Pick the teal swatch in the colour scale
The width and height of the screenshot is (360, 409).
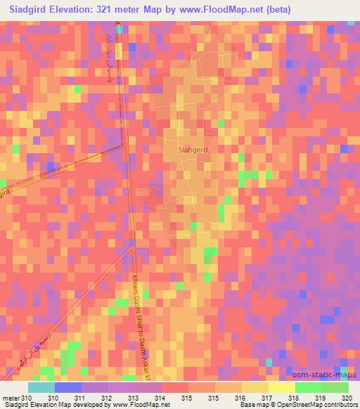(x=41, y=387)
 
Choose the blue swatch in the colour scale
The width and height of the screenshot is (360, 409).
(x=68, y=387)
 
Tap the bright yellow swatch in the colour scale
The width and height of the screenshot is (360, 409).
(x=281, y=387)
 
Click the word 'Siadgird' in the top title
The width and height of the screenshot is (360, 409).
(x=30, y=9)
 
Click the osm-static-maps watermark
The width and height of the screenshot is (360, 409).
(x=328, y=375)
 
